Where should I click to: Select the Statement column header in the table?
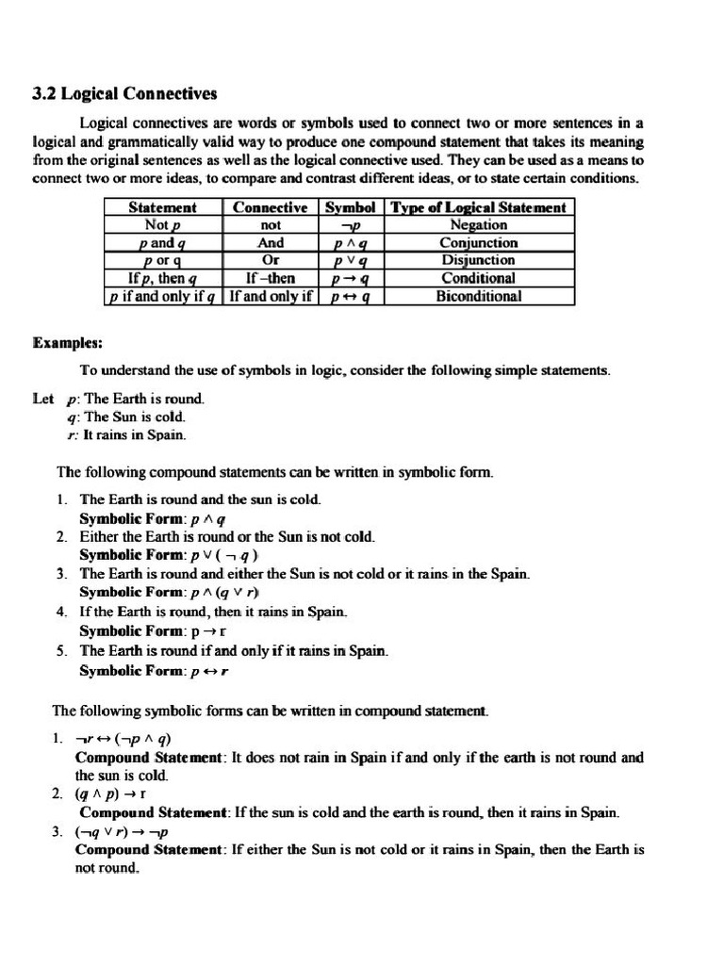click(x=162, y=207)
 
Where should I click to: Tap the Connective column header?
click(x=271, y=207)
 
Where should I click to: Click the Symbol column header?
click(x=350, y=207)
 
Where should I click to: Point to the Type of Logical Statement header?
click(x=478, y=207)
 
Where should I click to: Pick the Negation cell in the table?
click(x=478, y=225)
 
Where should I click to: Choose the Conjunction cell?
click(x=478, y=243)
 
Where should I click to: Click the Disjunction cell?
click(x=478, y=260)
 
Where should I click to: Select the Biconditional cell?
click(x=478, y=296)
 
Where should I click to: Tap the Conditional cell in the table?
click(x=478, y=278)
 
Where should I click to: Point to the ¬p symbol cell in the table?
click(x=350, y=225)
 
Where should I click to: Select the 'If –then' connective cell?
click(x=271, y=278)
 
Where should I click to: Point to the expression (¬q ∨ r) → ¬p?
click(x=123, y=832)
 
